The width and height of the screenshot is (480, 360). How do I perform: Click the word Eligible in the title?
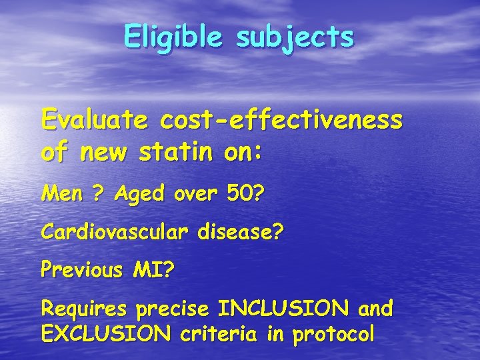(x=174, y=37)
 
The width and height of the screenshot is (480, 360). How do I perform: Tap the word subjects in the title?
(x=295, y=37)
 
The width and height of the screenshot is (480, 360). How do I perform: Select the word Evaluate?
(x=94, y=121)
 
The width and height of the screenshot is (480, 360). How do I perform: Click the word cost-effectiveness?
(x=281, y=121)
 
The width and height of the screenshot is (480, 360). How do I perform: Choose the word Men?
(x=59, y=195)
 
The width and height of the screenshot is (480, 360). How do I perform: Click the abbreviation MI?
(x=153, y=271)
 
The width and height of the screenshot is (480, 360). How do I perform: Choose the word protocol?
(x=339, y=333)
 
